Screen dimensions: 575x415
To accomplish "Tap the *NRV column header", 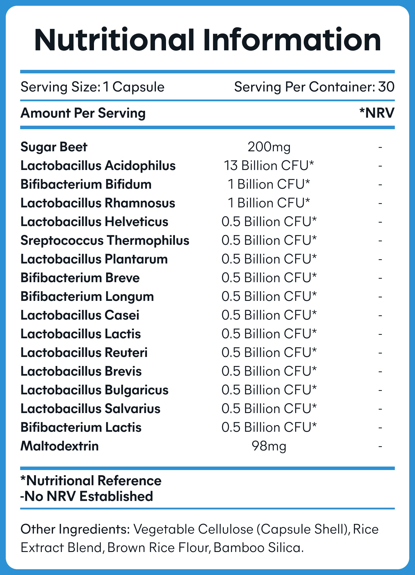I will click(377, 113).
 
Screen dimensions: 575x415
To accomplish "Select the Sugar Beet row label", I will click(54, 147).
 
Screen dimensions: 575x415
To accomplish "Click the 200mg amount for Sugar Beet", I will click(269, 147).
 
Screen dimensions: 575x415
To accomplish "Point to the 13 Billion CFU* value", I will click(269, 166).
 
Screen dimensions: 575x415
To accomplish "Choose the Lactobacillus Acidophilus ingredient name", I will click(98, 166).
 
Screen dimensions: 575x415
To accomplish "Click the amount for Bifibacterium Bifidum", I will click(269, 184).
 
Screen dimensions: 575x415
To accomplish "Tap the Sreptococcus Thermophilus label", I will click(105, 240).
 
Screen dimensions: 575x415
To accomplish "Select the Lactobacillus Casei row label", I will click(80, 315).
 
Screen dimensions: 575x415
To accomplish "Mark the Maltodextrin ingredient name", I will click(60, 446).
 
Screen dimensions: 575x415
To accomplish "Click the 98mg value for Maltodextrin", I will click(269, 446).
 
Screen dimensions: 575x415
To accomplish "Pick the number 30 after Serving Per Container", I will click(386, 87).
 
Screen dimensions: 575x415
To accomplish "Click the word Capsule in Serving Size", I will click(138, 87).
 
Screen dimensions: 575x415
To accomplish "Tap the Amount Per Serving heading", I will click(83, 113).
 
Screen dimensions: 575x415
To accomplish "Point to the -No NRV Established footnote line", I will click(86, 496).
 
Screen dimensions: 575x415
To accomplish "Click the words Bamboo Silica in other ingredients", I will click(259, 548).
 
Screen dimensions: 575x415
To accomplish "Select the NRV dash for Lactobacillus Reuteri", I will click(380, 353).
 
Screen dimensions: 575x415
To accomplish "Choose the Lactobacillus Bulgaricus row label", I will click(95, 390).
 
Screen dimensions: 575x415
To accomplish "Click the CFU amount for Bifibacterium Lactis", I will click(269, 427).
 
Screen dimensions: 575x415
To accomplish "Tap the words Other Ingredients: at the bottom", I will click(75, 529).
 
